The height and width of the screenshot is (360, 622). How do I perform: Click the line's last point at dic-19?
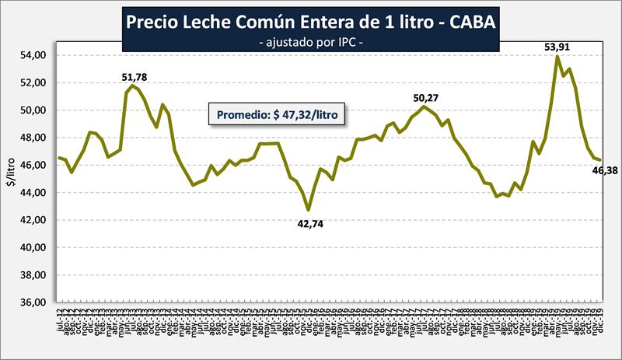(599, 159)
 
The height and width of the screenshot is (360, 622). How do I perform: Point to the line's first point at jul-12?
(60, 158)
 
